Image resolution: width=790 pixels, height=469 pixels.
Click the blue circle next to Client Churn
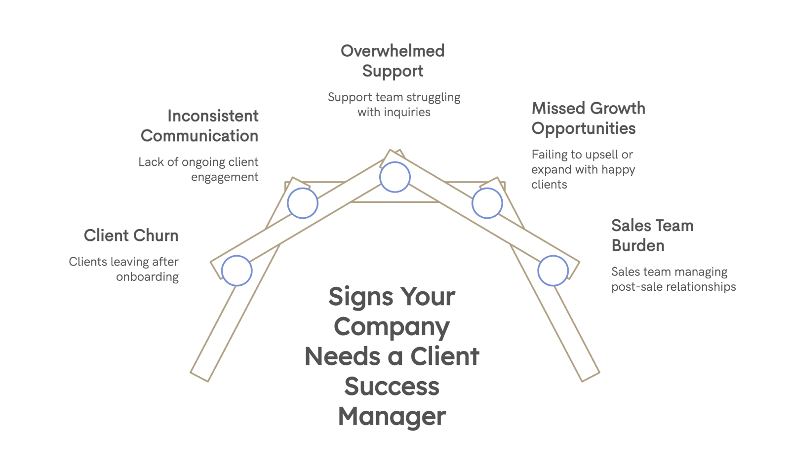237,271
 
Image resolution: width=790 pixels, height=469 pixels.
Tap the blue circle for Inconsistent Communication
303,203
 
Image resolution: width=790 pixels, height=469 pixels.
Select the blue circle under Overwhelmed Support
395,177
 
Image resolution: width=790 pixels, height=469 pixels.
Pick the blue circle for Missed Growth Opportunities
487,203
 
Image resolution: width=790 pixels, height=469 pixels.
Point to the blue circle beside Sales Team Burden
553,271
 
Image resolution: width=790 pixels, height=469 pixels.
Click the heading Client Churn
131,235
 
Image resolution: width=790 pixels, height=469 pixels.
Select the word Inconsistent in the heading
213,116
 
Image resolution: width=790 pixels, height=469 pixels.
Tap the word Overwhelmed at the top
393,51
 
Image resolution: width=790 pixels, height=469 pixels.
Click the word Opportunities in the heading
584,129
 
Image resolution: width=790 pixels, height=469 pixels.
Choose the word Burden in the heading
638,245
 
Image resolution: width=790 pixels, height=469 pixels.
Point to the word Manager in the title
392,417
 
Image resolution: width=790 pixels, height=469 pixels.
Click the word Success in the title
392,387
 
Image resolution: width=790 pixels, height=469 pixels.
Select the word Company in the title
392,327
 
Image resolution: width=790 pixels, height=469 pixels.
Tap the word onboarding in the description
147,277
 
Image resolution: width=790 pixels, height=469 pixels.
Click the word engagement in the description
225,177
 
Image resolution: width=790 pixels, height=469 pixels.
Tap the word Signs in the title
361,297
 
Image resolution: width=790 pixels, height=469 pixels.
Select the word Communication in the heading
199,136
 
